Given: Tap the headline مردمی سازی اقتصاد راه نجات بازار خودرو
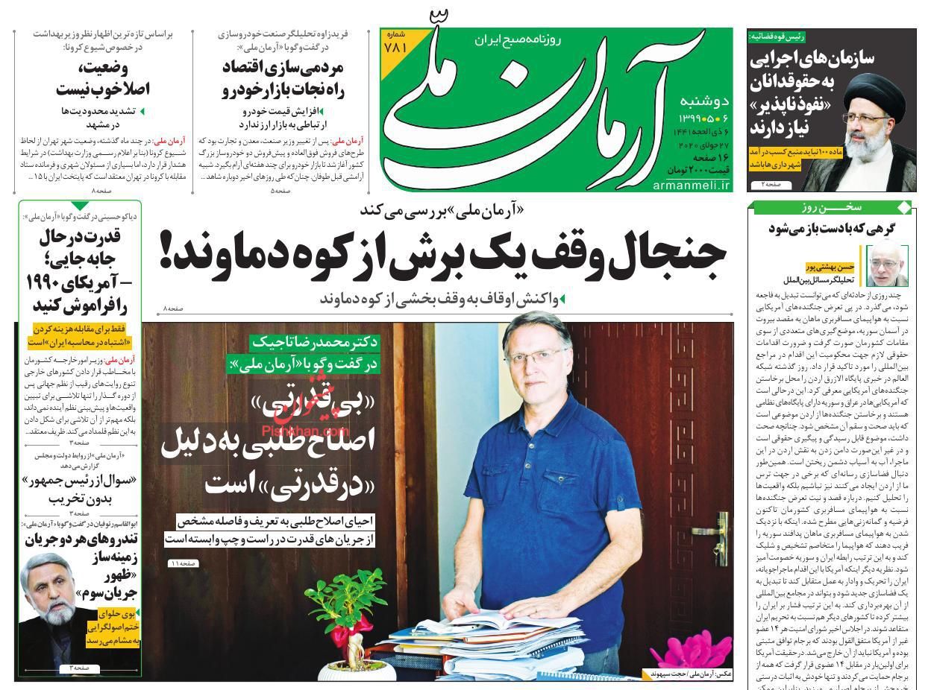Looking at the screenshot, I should pos(282,79).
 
